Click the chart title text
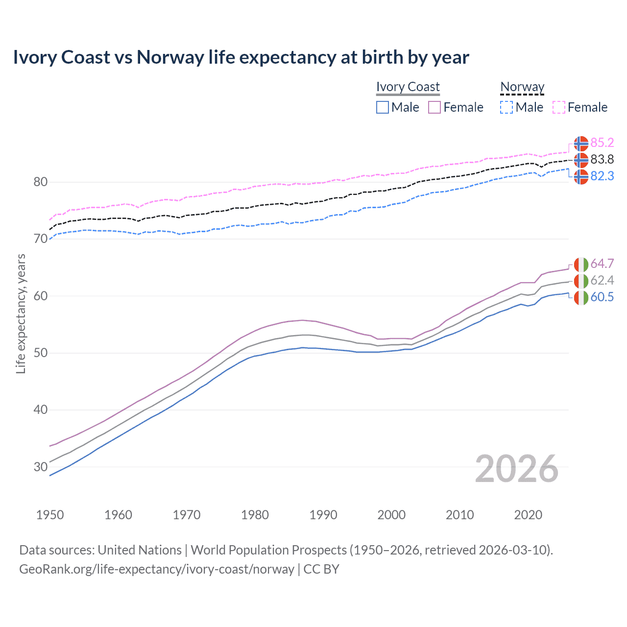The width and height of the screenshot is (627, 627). (241, 57)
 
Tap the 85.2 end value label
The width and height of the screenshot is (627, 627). (602, 143)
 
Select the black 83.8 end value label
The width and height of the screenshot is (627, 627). (602, 159)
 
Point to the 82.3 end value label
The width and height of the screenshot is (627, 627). (602, 176)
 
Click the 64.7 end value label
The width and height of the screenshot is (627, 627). (602, 264)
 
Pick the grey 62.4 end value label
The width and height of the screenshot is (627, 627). (602, 280)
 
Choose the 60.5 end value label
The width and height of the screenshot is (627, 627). (602, 297)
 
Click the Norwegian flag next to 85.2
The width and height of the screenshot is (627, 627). (581, 144)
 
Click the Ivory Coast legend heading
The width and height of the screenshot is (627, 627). (408, 87)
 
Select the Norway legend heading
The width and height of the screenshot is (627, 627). (522, 87)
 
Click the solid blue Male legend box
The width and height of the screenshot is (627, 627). (383, 107)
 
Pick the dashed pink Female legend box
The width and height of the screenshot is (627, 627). (559, 107)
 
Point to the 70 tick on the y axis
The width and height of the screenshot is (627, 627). (41, 239)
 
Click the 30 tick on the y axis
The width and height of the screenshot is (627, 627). (41, 467)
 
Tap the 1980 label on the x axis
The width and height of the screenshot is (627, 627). (255, 515)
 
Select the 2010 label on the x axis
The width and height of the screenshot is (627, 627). (459, 515)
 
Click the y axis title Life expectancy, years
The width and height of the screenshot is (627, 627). (21, 313)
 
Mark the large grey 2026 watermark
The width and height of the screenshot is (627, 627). (517, 469)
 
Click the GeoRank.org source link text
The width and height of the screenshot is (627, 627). (157, 569)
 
